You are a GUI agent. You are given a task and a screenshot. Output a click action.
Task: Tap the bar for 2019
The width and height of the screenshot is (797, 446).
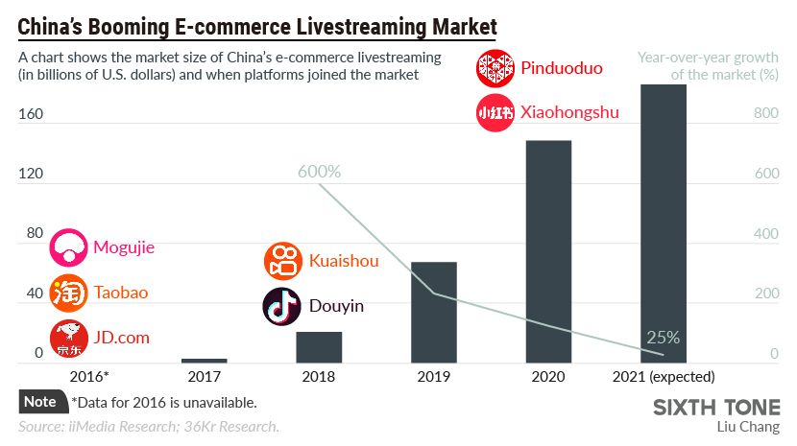(x=434, y=312)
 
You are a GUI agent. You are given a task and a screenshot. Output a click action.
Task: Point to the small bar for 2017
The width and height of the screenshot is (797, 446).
(x=204, y=361)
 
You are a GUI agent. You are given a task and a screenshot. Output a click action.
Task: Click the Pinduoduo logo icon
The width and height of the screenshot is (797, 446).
(x=495, y=68)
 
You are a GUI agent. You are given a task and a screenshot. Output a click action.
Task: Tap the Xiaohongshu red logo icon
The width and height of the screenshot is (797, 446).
(x=495, y=112)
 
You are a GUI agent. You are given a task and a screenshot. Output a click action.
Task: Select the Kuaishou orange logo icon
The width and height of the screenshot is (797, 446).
(x=282, y=261)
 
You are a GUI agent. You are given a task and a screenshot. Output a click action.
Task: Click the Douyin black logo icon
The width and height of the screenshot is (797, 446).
(x=282, y=306)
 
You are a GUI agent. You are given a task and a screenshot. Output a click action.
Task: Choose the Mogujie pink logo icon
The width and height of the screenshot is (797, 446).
(x=68, y=247)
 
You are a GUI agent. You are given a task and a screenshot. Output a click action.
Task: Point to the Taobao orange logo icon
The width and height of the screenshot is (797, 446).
(x=68, y=293)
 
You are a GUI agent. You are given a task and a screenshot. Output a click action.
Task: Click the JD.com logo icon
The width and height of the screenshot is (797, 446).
(x=68, y=338)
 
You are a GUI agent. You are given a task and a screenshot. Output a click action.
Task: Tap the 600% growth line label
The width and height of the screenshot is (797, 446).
(x=319, y=172)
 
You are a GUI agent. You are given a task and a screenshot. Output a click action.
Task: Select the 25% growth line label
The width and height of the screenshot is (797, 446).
(x=664, y=338)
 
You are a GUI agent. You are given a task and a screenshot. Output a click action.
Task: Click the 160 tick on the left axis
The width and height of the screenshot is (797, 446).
(x=32, y=114)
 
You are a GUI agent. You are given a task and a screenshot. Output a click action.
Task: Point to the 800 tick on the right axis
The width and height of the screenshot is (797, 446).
(x=765, y=114)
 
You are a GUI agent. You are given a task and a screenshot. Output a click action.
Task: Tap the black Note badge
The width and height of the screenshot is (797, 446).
(x=41, y=402)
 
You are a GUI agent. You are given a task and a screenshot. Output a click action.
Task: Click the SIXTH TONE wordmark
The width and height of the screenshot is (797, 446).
(x=716, y=406)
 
